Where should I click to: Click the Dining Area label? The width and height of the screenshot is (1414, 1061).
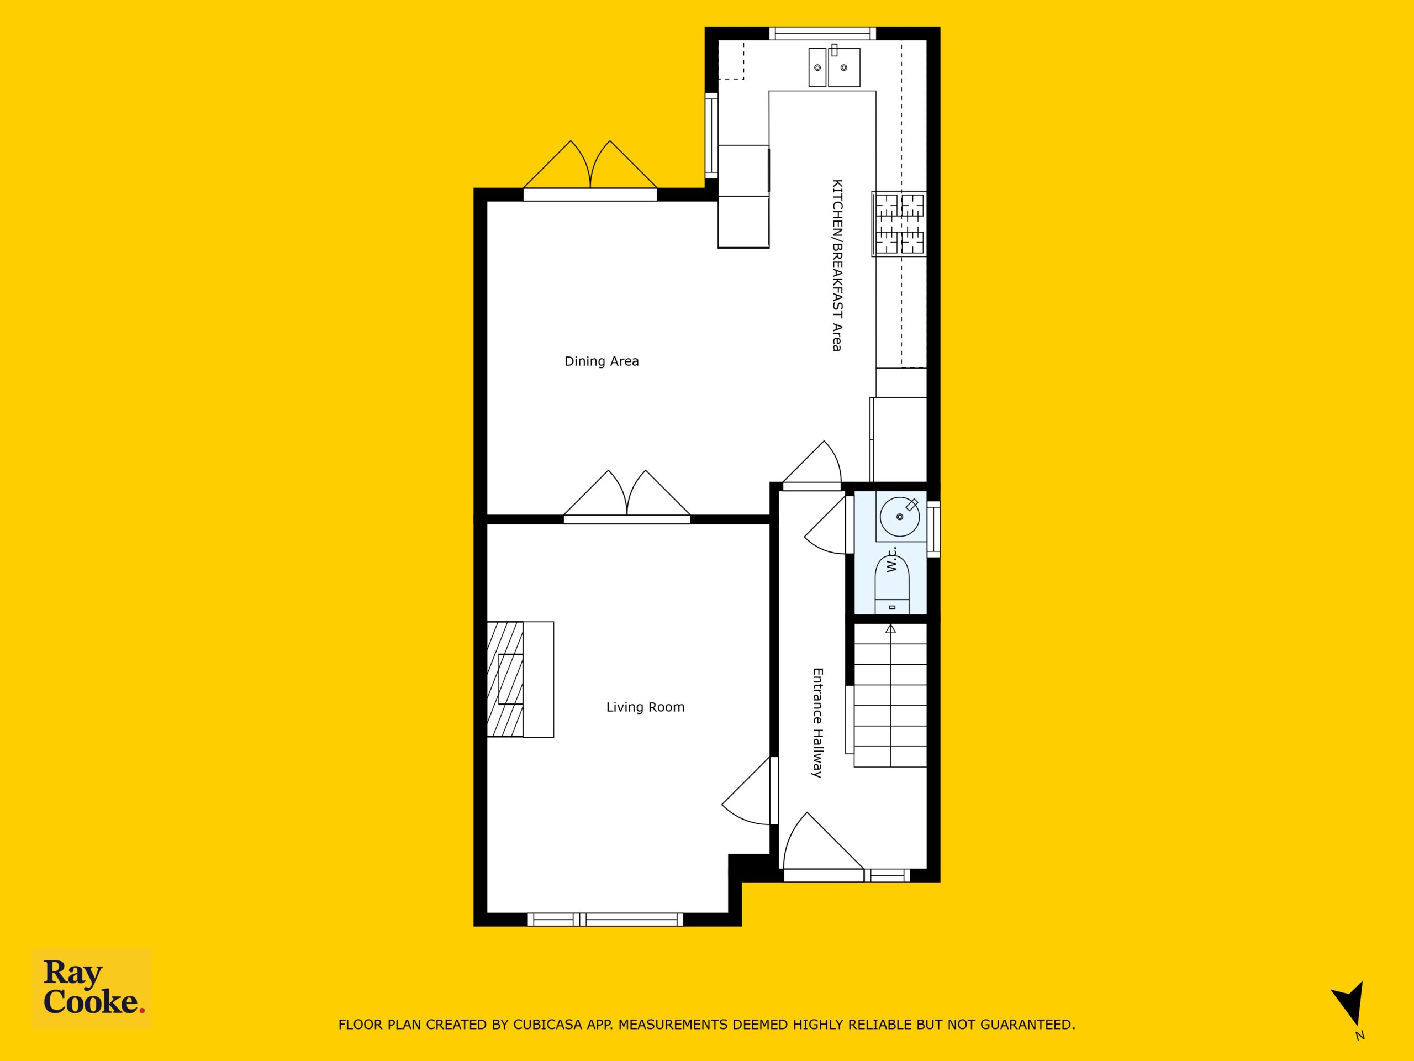click(x=602, y=361)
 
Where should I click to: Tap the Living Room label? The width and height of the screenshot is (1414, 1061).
click(x=645, y=707)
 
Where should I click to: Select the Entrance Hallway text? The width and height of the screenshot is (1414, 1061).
click(x=817, y=723)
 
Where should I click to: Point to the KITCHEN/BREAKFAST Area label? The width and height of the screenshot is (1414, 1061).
click(x=836, y=265)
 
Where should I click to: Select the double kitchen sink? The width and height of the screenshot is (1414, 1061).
click(x=834, y=66)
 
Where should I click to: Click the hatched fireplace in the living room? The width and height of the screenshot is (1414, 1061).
click(x=505, y=679)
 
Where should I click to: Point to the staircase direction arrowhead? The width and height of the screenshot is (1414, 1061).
click(x=890, y=629)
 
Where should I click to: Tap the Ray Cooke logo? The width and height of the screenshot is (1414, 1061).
click(x=92, y=988)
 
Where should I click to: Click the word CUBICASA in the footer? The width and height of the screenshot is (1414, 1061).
click(x=548, y=1025)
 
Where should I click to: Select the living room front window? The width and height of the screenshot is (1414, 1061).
click(x=605, y=920)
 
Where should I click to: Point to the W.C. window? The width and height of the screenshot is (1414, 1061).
click(x=933, y=528)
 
